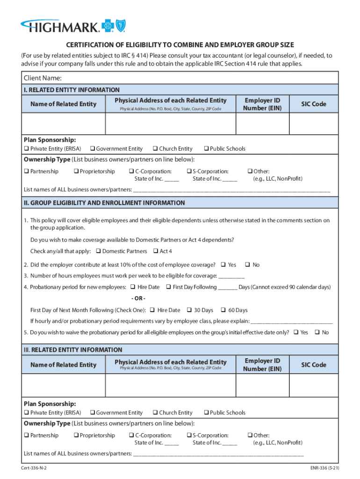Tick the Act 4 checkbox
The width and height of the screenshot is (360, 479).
(x=156, y=252)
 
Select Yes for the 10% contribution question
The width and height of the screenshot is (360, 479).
(x=223, y=265)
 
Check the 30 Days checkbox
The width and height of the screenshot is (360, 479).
(x=189, y=310)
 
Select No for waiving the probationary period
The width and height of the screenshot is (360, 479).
(x=317, y=333)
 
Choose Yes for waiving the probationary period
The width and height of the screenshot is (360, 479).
(x=295, y=333)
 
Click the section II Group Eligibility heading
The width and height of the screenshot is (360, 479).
(x=104, y=203)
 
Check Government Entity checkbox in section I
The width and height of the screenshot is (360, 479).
(x=92, y=149)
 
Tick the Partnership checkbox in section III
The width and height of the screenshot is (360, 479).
(x=26, y=435)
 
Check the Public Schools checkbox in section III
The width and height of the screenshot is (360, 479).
(x=206, y=413)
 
